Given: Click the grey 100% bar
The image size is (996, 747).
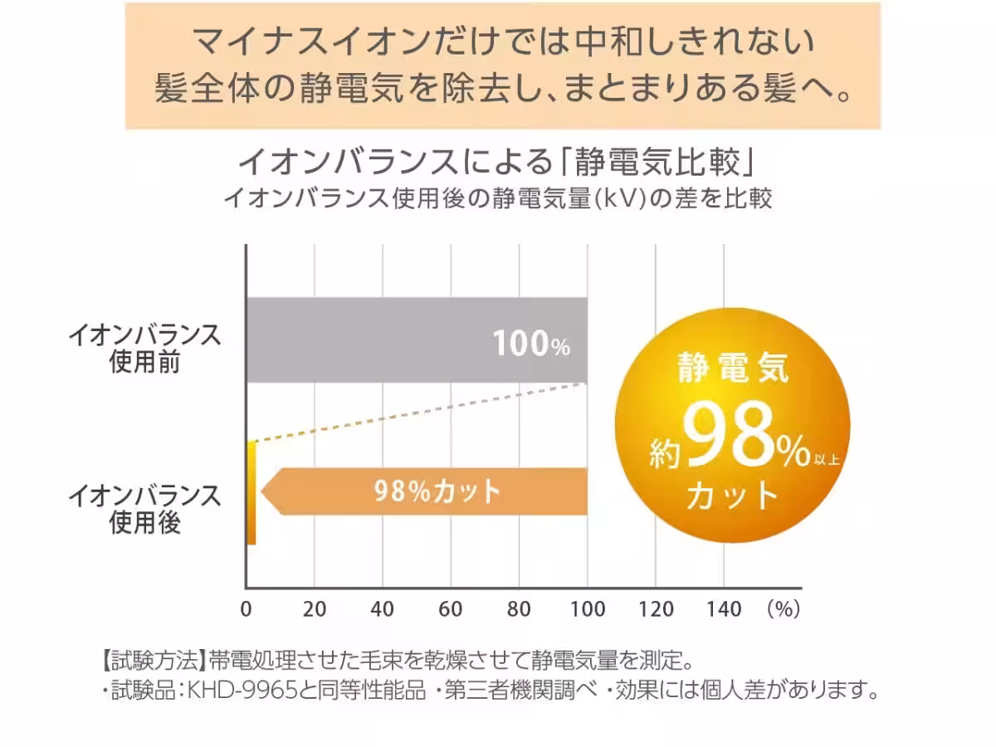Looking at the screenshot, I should point(373,340).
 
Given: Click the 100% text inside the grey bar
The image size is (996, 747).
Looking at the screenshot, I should point(531,344).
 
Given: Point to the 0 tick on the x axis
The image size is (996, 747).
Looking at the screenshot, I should point(247,609).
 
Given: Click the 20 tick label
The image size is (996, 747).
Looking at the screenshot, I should point(315,609).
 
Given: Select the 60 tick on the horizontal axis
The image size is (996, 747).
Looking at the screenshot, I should point(451,609).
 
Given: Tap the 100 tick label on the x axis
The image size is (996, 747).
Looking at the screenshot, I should point(588,609).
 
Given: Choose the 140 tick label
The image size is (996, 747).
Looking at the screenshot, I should point(724,609).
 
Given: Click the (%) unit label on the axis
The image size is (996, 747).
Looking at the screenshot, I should point(783,609).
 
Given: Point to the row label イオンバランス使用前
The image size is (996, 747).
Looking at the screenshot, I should point(144,349).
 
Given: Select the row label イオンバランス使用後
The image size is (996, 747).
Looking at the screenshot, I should point(144,509).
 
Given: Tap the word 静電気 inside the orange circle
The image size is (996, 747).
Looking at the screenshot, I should point(732,368).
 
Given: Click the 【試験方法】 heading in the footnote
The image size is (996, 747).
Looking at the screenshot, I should point(149,662).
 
